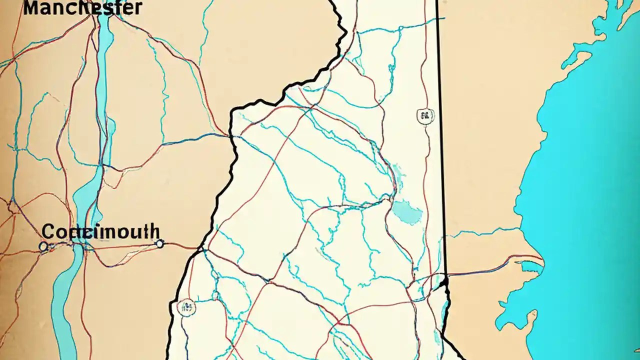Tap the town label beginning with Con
100,232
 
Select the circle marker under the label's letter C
43,246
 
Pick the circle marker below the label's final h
159,243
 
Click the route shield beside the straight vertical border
425,116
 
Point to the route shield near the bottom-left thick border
186,307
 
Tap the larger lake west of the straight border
407,212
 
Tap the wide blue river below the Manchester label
104,75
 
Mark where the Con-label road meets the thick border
201,247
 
